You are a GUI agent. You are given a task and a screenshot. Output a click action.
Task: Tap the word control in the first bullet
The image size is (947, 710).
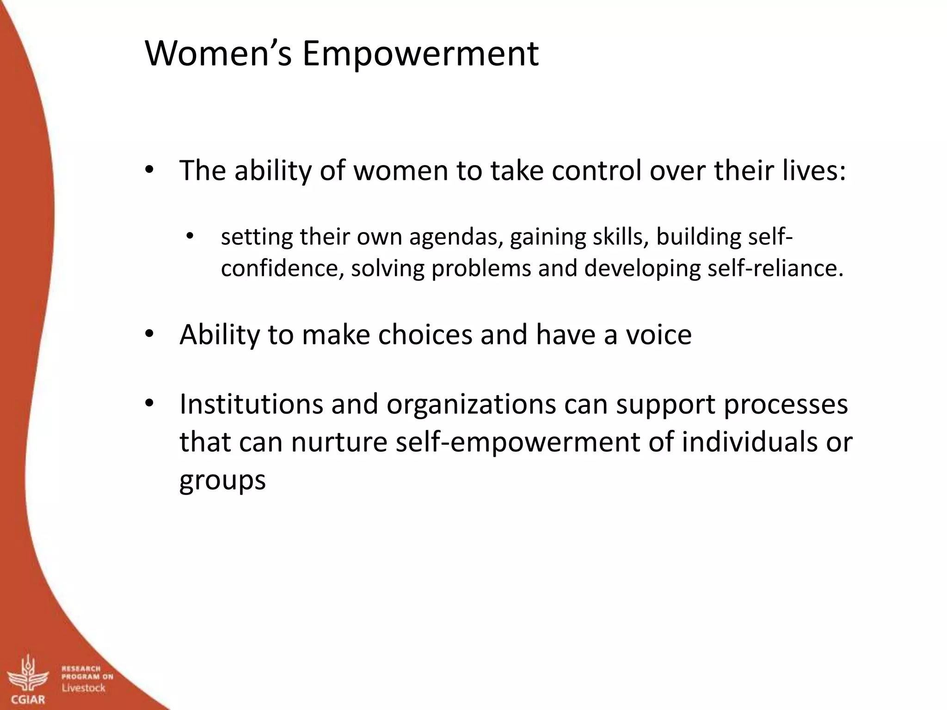[596, 170]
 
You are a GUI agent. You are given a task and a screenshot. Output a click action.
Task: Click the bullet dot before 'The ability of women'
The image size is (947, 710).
[148, 170]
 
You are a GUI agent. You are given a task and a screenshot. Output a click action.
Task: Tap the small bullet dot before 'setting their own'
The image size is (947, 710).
[189, 237]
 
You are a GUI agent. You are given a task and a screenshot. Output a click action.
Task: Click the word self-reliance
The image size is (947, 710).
[775, 268]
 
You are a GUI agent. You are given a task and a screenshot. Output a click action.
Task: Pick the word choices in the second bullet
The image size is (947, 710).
[425, 334]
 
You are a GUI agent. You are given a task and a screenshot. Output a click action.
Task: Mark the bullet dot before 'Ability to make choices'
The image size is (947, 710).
[148, 334]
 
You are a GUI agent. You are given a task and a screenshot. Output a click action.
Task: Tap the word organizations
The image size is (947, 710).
[471, 404]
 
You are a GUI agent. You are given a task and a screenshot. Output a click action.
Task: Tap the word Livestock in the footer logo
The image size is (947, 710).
[84, 688]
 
